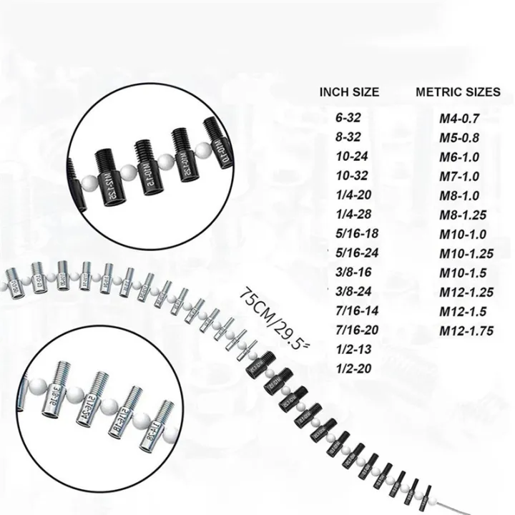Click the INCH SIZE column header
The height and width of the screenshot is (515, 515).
coord(349,92)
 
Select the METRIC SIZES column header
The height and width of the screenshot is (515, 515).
coord(458,92)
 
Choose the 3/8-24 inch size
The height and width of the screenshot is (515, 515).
coord(350,291)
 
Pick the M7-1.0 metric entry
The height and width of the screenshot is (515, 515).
coord(458,175)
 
